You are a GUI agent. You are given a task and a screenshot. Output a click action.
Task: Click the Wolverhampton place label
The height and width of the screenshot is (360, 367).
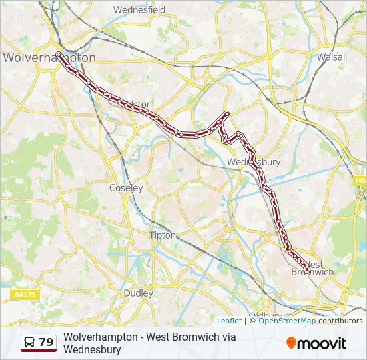pyautogui.click(x=49, y=58)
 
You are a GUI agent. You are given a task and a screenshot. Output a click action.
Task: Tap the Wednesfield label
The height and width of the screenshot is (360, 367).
pyautogui.click(x=139, y=10)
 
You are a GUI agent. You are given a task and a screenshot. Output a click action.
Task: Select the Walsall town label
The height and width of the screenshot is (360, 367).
pyautogui.click(x=332, y=57)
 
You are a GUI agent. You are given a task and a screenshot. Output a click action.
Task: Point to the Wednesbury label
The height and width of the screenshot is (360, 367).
pyautogui.click(x=254, y=162)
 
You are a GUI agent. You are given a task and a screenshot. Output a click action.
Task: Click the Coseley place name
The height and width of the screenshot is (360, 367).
pyautogui.click(x=126, y=188)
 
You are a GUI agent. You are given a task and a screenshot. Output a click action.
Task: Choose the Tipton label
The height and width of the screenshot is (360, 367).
pyautogui.click(x=162, y=235)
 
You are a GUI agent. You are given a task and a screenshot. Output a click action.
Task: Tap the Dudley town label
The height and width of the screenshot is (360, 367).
pyautogui.click(x=138, y=293)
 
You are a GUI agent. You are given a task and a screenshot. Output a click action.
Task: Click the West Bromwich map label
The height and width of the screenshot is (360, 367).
pyautogui.click(x=312, y=267)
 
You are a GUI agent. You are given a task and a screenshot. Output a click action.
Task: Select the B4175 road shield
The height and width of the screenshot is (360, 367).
pyautogui.click(x=25, y=294)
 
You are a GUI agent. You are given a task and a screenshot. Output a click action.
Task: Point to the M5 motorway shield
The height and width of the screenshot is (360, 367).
pyautogui.click(x=360, y=181)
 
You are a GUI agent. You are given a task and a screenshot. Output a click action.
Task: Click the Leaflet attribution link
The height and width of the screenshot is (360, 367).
pyautogui.click(x=229, y=321)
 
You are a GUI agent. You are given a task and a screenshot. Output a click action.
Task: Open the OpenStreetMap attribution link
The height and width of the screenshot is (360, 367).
pyautogui.click(x=287, y=321)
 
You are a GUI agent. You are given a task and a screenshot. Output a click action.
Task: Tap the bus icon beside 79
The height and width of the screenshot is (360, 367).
pyautogui.click(x=29, y=343)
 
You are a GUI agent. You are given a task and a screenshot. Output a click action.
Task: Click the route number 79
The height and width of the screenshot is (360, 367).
pyautogui.click(x=46, y=343)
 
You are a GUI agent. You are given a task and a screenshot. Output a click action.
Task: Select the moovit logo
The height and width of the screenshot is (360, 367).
pyautogui.click(x=316, y=343)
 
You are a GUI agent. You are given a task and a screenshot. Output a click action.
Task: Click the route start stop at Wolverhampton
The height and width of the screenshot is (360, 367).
pyautogui.click(x=59, y=54)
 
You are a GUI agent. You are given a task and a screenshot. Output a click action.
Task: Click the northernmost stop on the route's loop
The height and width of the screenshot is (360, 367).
pyautogui.click(x=227, y=113)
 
